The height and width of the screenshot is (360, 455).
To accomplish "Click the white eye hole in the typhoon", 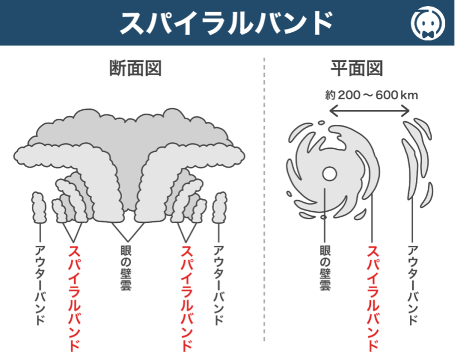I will coord(328,174).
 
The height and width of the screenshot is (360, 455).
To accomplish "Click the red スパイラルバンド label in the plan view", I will coord(372,298).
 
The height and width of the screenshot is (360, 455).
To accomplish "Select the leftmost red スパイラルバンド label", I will coord(74,298).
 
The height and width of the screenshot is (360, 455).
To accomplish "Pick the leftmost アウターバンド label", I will coord(40,284).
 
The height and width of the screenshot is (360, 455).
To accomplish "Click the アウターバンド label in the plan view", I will coord(413,284).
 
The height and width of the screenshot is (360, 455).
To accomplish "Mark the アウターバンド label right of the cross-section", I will coord(219,284).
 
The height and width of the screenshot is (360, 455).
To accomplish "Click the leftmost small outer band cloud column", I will coord(38,207).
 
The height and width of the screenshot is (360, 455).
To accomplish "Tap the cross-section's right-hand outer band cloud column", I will coord(220,207).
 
